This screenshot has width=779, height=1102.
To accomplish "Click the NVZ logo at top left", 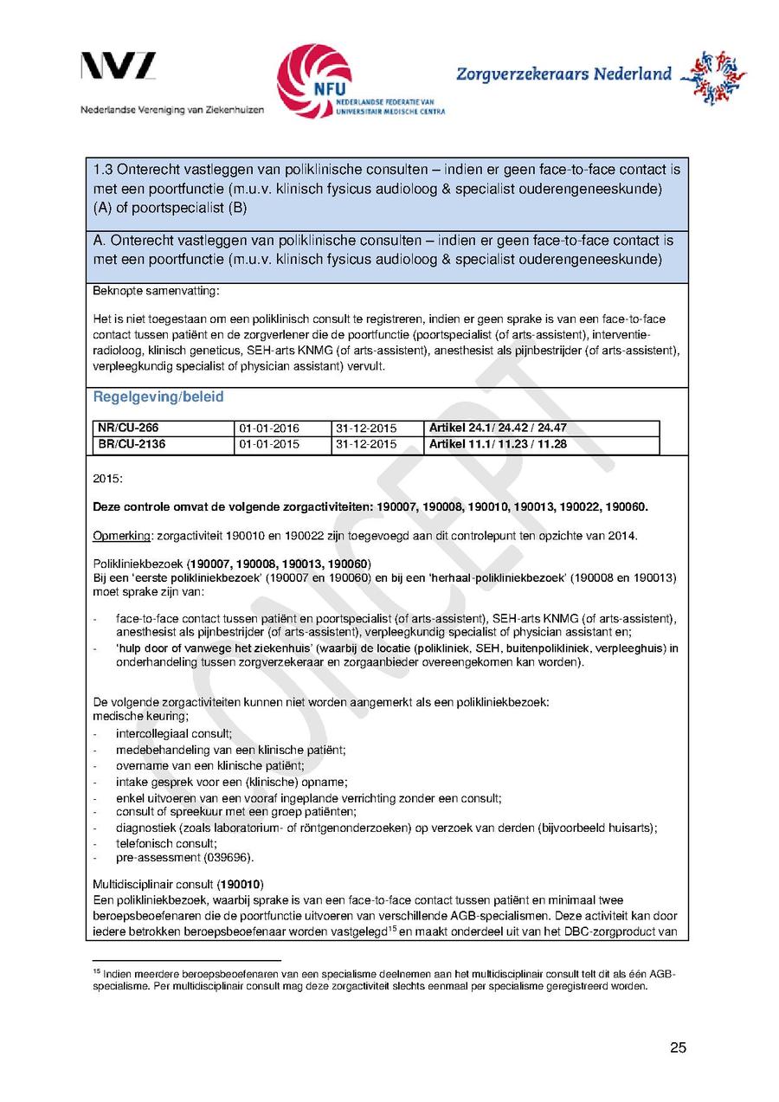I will click(x=119, y=67).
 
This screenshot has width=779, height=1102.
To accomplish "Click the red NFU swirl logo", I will click(x=314, y=80).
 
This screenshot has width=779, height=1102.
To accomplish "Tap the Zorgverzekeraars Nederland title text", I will click(x=563, y=74).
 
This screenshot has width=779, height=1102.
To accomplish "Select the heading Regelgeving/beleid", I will click(x=158, y=397).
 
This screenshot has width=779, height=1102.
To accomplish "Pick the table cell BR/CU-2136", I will click(x=131, y=445).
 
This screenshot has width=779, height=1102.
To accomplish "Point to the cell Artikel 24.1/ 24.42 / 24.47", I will click(x=498, y=429).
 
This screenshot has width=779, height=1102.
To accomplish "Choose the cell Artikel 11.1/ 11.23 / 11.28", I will click(x=498, y=445).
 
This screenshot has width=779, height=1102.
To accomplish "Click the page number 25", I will click(x=678, y=1048).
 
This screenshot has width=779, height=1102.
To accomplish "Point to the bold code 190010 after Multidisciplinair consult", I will click(x=240, y=886).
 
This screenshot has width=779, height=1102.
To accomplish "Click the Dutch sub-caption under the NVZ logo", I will click(x=172, y=110).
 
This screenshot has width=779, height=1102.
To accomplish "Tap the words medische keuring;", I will click(x=140, y=717).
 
